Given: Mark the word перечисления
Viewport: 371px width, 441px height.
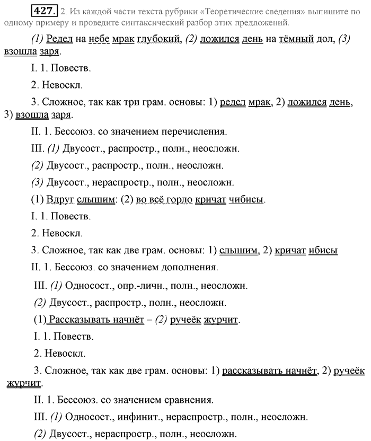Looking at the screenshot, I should click(x=196, y=130).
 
